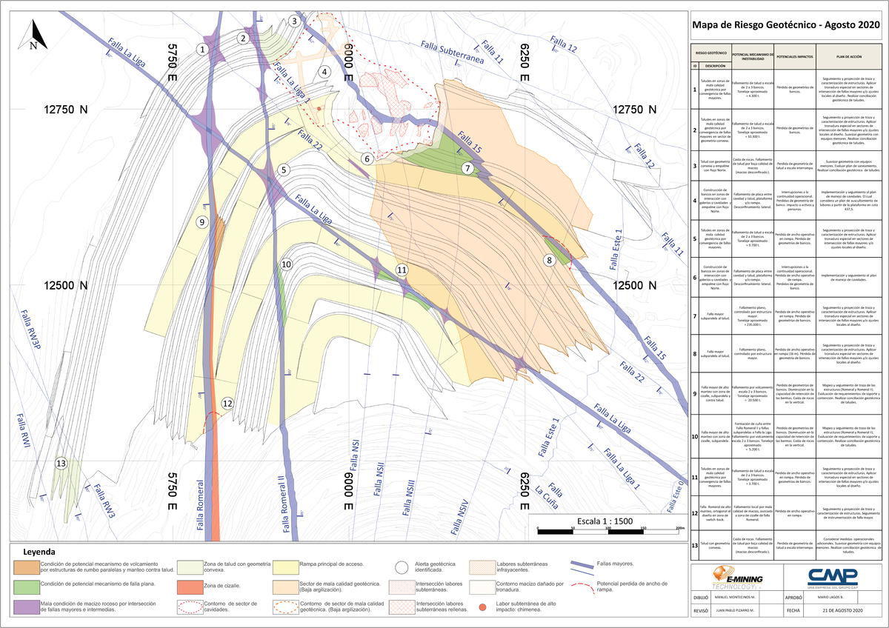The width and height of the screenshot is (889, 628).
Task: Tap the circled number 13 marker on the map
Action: pos(61,464)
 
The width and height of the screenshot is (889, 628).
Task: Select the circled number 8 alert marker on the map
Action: pos(549,260)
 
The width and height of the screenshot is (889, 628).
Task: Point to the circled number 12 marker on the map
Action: pos(227,403)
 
